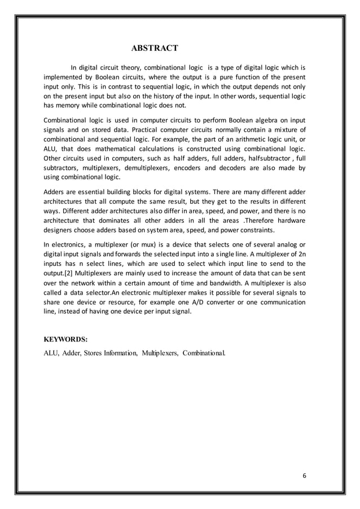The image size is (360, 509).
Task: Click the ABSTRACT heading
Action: click(155, 46)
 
